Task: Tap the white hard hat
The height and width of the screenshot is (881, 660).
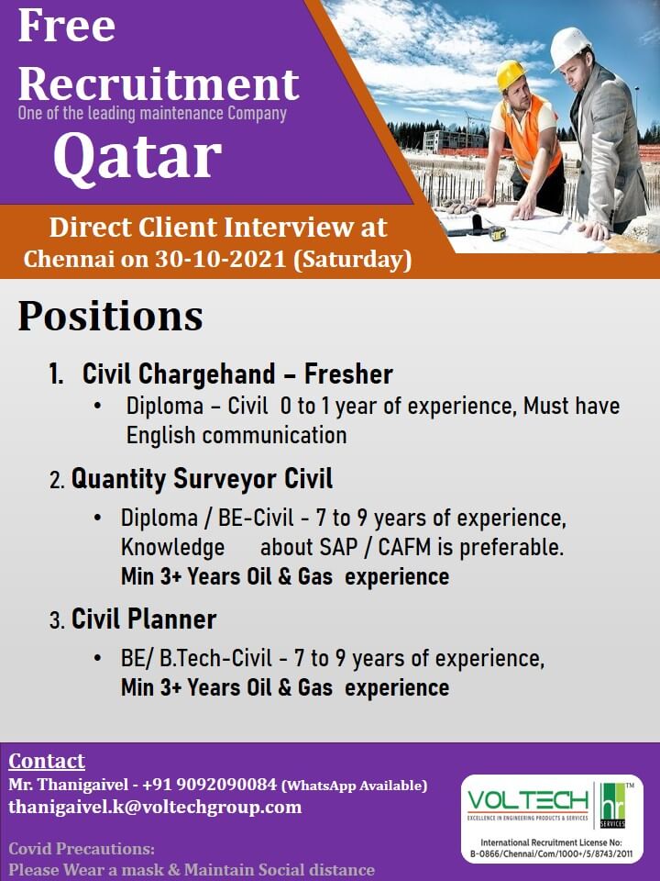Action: pyautogui.click(x=569, y=48)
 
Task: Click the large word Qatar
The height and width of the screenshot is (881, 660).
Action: pyautogui.click(x=137, y=157)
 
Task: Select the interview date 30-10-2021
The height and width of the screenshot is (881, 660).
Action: pyautogui.click(x=221, y=259)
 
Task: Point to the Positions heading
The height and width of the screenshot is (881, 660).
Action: pyautogui.click(x=111, y=317)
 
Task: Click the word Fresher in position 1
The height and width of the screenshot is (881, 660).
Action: pyautogui.click(x=348, y=374)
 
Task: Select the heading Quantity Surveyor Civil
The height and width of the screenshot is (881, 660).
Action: pyautogui.click(x=202, y=479)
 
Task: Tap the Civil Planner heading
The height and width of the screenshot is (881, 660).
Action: pyautogui.click(x=144, y=619)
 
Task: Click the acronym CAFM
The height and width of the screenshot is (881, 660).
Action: pyautogui.click(x=405, y=547)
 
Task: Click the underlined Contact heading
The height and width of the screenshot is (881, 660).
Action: pyautogui.click(x=47, y=761)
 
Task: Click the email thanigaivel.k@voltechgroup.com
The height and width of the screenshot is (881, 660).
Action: pyautogui.click(x=155, y=808)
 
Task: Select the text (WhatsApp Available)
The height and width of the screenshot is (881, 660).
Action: pyautogui.click(x=354, y=786)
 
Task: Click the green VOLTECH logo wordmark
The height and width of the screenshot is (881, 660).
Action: pyautogui.click(x=528, y=801)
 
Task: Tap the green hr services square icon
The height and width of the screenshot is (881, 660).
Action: pyautogui.click(x=612, y=806)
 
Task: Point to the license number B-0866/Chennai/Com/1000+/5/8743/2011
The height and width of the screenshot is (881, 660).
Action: pyautogui.click(x=551, y=854)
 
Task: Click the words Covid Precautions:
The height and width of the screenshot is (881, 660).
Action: pyautogui.click(x=82, y=848)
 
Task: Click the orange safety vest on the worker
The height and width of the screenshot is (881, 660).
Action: pyautogui.click(x=530, y=136)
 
